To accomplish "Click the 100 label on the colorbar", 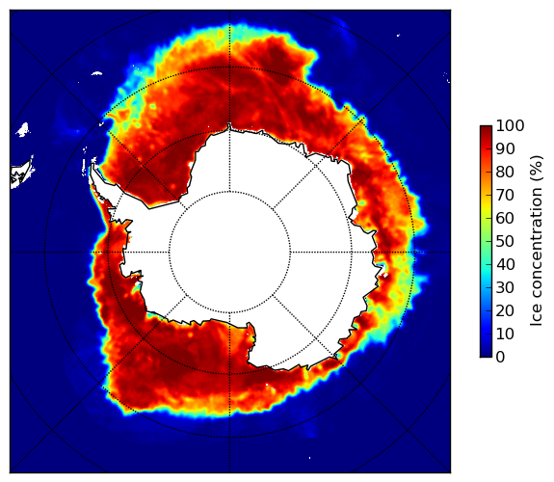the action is point(510,125).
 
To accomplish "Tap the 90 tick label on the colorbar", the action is point(505,148).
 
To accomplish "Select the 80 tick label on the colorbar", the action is point(505,172).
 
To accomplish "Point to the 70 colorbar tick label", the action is point(505,195).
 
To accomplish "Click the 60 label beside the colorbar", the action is point(505,218).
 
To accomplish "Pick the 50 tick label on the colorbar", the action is point(505,241).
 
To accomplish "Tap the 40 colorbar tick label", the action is point(505,264).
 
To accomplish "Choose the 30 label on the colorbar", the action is point(505,287).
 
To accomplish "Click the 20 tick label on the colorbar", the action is point(505,310).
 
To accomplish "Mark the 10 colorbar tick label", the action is point(505,334).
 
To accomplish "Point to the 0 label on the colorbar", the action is point(501,357).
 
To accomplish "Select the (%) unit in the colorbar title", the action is point(536,169).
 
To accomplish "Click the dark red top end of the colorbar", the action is point(486,127).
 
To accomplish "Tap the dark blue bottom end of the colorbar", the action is point(486,355).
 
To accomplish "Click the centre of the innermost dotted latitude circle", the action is point(229,253).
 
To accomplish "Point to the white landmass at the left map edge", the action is point(21,174).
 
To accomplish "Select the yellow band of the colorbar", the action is point(486,209).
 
